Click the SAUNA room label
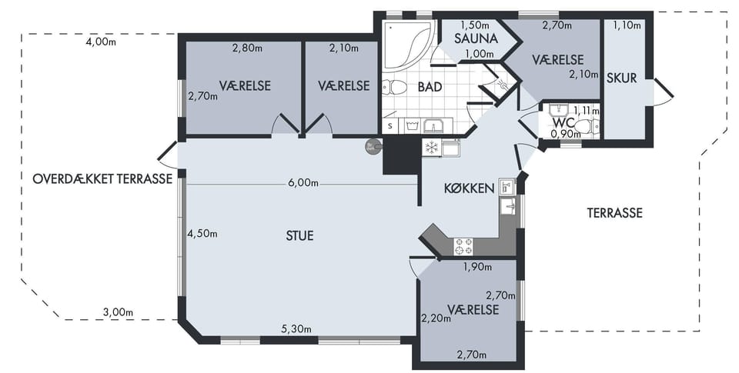pos(476,38)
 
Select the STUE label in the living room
pos(299,235)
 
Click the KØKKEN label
pos(469,188)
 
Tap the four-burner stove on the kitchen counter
pos(463,246)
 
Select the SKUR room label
pos(622,78)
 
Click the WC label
pos(563,123)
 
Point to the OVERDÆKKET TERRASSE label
pos(102,179)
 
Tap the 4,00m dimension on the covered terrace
pos(101,42)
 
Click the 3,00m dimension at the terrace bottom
pos(118,311)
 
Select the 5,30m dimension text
pos(296,329)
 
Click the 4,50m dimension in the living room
pos(202,234)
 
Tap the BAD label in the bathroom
pos(430,87)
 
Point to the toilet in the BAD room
pos(394,88)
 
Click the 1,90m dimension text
pos(477,268)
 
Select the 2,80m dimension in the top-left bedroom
pos(248,48)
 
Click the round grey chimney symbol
pos(372,147)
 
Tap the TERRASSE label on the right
pos(614,213)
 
